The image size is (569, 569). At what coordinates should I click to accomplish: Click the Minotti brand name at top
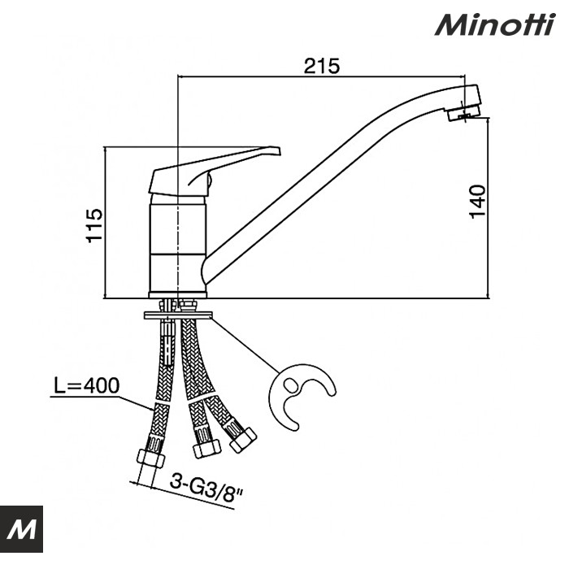tap(493, 25)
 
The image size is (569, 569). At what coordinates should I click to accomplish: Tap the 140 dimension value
tap(477, 201)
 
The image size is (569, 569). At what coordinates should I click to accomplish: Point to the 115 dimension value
tap(95, 225)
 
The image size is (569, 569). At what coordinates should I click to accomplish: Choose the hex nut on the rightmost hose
tap(242, 439)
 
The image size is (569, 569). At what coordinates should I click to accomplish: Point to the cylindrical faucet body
tap(178, 244)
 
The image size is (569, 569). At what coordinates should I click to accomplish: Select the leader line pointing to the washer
tap(244, 345)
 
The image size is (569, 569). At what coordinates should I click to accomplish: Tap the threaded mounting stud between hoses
tap(168, 345)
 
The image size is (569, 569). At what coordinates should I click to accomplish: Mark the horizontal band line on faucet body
tap(178, 254)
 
